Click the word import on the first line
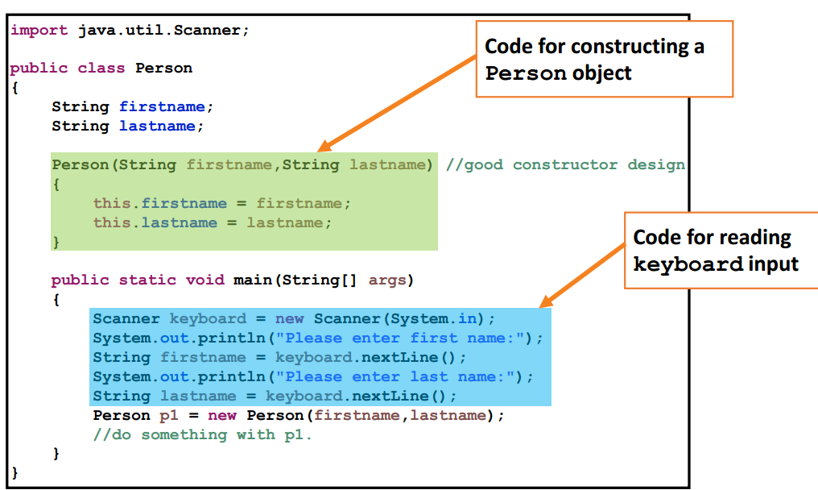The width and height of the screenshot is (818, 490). click(x=39, y=30)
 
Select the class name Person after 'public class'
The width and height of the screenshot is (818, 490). click(x=163, y=68)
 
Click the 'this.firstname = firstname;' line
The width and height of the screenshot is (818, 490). click(x=222, y=203)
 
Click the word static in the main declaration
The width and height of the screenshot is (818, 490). click(x=148, y=280)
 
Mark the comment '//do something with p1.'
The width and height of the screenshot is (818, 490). click(x=202, y=434)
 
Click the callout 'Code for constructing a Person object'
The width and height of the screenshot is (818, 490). click(x=604, y=59)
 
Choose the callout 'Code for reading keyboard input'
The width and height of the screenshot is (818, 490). click(x=721, y=250)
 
